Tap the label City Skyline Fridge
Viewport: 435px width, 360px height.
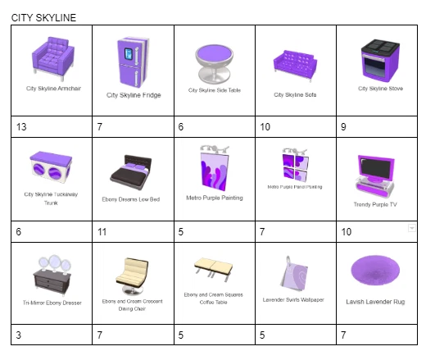[133, 95]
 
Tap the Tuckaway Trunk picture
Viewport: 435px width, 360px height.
[52, 169]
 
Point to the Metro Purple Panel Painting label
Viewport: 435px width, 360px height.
[295, 187]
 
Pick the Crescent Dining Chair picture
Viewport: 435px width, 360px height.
[133, 276]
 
